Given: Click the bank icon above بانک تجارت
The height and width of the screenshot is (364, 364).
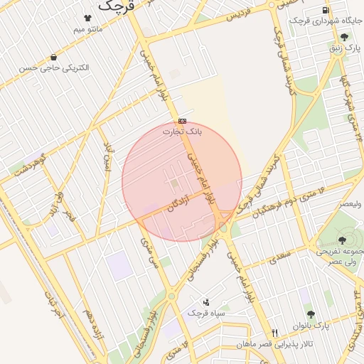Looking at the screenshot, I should tap(183, 121).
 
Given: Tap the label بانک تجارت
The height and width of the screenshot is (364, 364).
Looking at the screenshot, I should tap(183, 132).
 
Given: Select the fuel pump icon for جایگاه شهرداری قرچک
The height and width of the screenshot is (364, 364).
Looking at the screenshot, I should tap(326, 10).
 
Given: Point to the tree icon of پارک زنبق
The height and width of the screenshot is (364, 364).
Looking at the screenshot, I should tap(345, 37).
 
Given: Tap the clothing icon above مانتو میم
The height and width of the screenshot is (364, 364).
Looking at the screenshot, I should tap(87, 18).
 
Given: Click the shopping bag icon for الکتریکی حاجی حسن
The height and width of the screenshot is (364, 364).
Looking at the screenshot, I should tap(54, 57).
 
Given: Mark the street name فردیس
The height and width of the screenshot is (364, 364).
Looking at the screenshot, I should tap(240, 18).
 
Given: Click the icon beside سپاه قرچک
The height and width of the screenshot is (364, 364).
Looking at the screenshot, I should tap(207, 302).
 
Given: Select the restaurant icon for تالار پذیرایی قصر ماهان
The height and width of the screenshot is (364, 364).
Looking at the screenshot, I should tap(274, 333).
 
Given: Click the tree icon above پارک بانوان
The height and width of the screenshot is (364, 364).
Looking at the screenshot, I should tap(311, 314).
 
